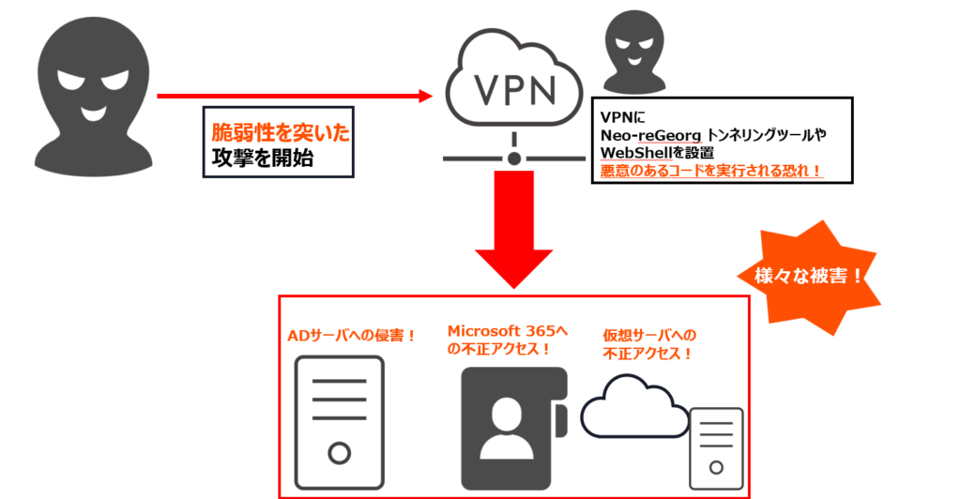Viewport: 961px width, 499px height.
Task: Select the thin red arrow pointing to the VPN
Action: click(291, 96)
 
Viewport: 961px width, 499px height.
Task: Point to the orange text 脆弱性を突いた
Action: click(280, 132)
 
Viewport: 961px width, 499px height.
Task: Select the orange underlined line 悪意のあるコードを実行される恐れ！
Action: click(711, 171)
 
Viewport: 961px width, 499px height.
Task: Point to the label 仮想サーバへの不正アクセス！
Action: click(649, 344)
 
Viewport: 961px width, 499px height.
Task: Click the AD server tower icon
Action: click(340, 418)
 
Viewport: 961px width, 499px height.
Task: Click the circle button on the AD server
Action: click(339, 454)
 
